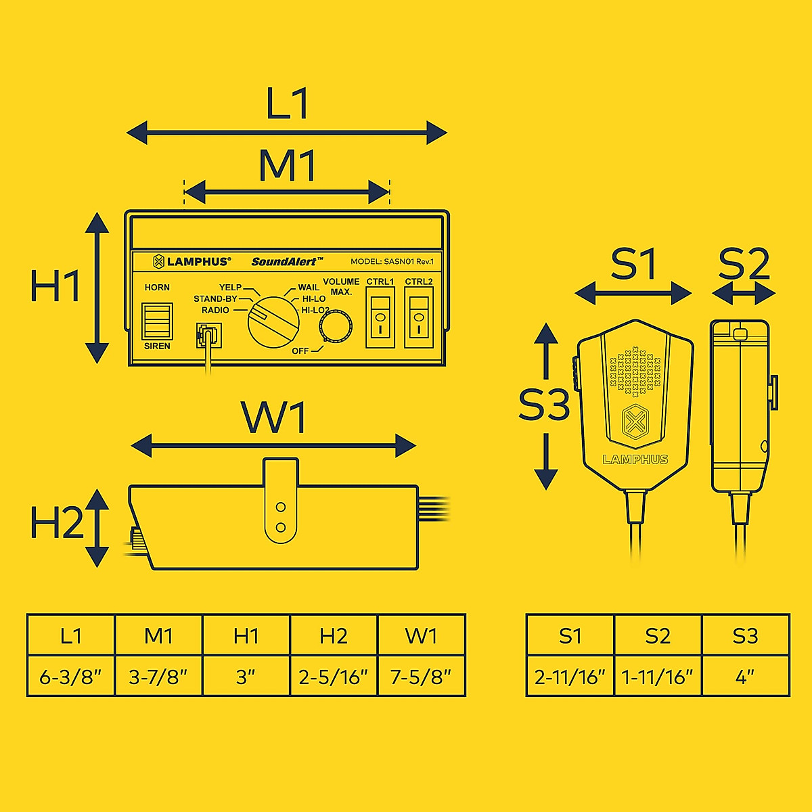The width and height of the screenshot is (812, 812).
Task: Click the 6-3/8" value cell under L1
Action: click(70, 676)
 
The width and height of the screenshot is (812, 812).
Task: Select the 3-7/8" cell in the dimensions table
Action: click(158, 676)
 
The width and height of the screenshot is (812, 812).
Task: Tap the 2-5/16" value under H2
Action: click(334, 676)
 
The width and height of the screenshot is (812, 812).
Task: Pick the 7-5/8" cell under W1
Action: click(421, 676)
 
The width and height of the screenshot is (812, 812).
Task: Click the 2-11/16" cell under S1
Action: click(570, 676)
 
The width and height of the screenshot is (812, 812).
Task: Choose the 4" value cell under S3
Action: click(745, 676)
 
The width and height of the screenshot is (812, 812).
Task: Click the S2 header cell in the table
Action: click(658, 635)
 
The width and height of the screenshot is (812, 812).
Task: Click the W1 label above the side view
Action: click(274, 418)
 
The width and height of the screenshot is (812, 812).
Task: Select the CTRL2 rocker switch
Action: click(419, 317)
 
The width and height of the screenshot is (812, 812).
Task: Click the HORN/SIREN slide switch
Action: click(157, 320)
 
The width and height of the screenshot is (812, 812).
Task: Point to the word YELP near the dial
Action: click(230, 288)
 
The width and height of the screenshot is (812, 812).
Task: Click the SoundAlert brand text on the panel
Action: click(287, 261)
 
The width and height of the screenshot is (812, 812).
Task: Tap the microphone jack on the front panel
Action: click(208, 335)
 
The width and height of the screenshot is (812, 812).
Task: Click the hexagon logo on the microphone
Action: click(635, 423)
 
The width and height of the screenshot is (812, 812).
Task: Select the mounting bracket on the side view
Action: click(281, 501)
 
